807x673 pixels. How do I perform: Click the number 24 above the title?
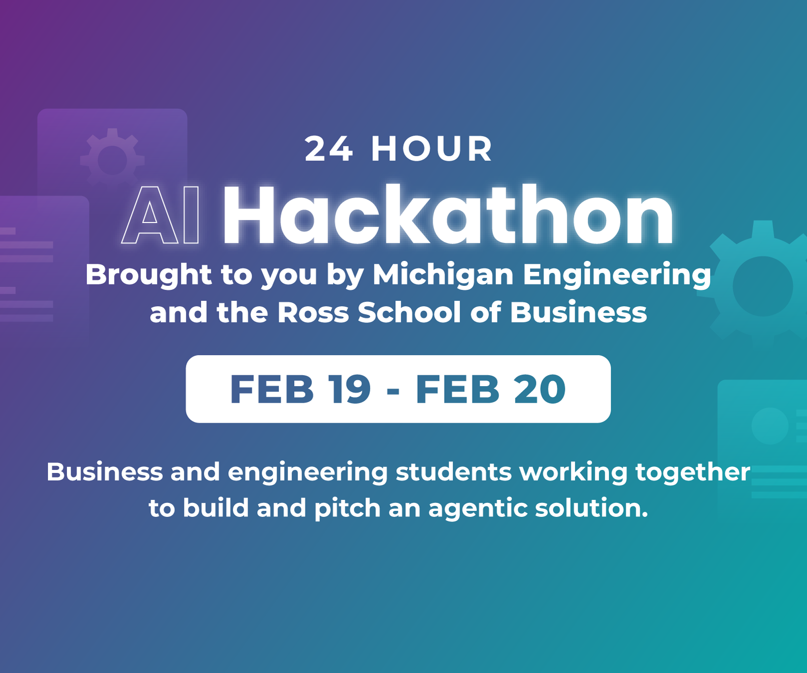tap(329, 149)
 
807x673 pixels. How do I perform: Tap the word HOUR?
tap(432, 149)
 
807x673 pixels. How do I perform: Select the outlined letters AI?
tap(161, 215)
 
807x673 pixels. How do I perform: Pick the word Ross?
tap(313, 313)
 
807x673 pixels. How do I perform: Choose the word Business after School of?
tap(578, 312)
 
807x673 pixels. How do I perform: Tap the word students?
tap(454, 472)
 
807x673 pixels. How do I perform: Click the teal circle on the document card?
tap(770, 426)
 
